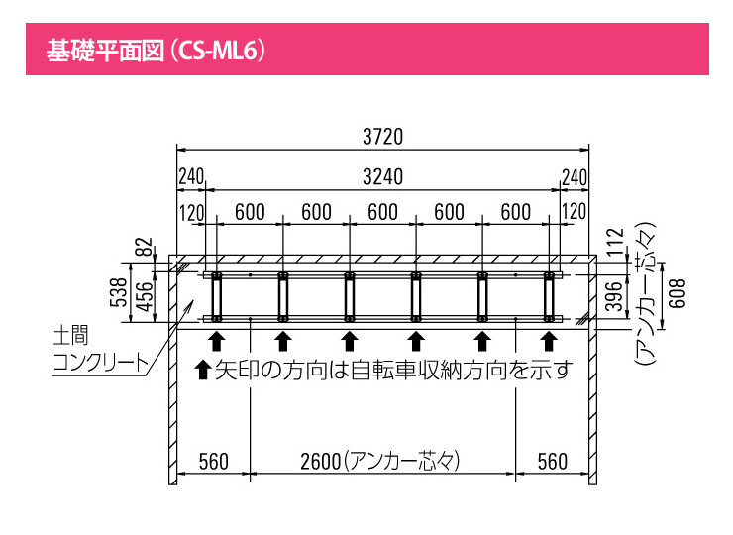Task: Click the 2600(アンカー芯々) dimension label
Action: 381,461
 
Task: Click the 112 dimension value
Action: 614,243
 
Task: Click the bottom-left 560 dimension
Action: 214,461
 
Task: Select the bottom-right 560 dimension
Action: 553,461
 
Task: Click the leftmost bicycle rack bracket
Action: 216,296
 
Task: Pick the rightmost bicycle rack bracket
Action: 548,296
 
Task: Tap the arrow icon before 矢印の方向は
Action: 203,372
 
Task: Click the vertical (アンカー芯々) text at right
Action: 645,294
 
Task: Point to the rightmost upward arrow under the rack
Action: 548,342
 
